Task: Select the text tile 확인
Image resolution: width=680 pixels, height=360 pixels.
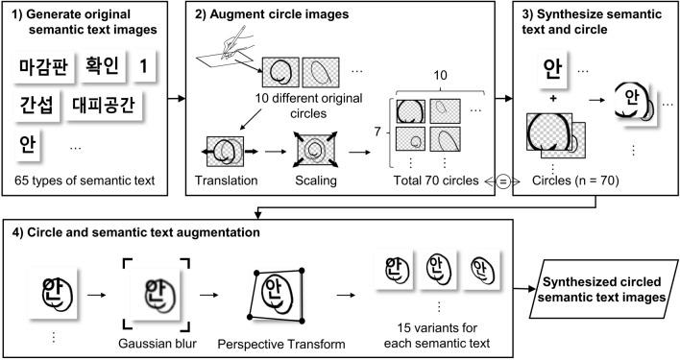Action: point(103,66)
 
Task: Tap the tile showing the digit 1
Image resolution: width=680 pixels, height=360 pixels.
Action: point(143,66)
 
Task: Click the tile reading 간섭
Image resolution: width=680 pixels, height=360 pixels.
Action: point(36,106)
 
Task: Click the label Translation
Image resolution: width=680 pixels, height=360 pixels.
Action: point(226,180)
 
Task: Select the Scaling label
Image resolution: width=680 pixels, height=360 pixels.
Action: point(316,180)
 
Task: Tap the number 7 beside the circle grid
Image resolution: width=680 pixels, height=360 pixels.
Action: point(377,131)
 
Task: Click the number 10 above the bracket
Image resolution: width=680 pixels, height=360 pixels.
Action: point(440,76)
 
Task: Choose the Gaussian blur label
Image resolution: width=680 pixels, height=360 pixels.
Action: point(158,344)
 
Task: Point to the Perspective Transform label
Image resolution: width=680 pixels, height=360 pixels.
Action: point(281,345)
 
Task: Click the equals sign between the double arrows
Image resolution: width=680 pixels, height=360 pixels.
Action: point(503,182)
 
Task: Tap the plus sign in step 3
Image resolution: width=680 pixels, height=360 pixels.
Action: point(553,99)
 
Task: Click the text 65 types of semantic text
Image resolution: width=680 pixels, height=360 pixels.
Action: point(85,180)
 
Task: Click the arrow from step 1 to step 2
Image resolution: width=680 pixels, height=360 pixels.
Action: point(177,98)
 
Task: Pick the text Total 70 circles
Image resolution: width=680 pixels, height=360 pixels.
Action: point(436,180)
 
